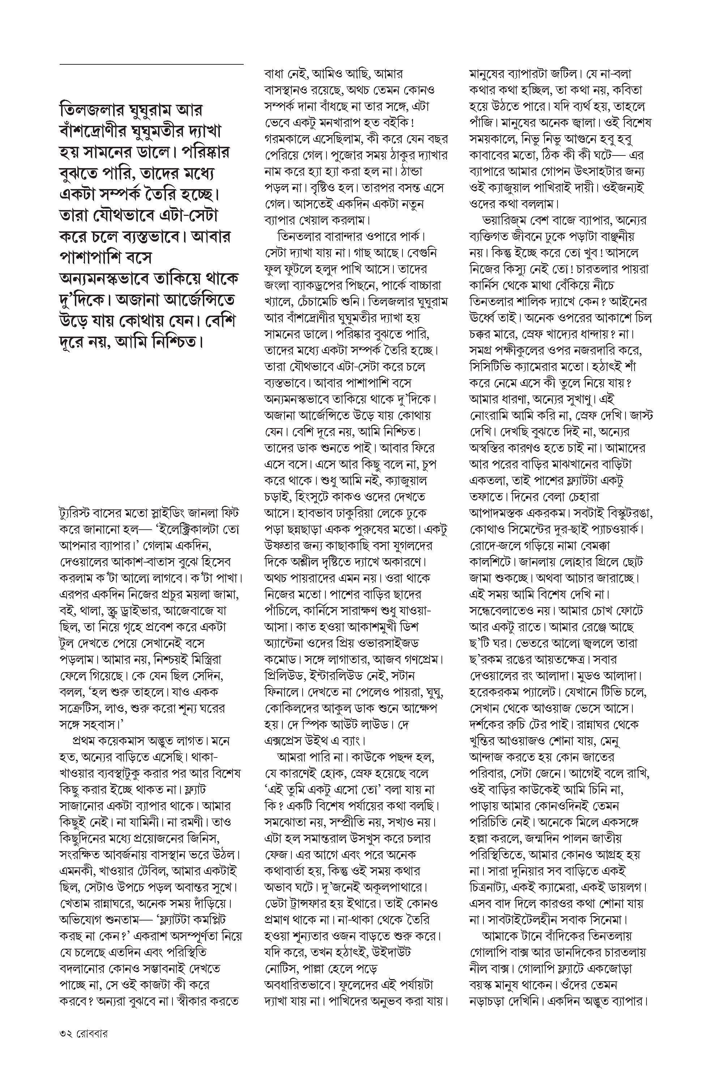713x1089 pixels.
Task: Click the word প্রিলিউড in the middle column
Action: click(x=286, y=676)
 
